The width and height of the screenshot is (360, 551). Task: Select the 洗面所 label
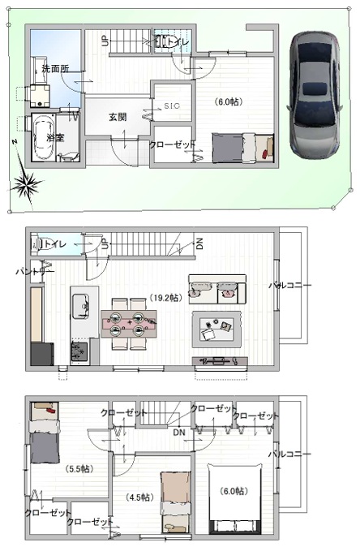pyautogui.click(x=54, y=69)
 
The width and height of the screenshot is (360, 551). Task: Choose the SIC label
pyautogui.click(x=171, y=106)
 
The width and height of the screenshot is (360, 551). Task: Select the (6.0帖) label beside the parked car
pyautogui.click(x=228, y=102)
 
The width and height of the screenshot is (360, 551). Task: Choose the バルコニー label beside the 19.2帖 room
pyautogui.click(x=289, y=286)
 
